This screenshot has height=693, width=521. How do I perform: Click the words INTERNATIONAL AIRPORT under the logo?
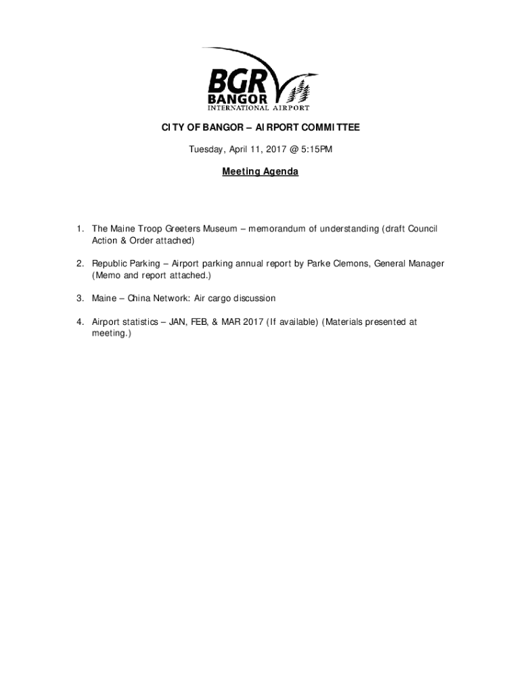pos(258,107)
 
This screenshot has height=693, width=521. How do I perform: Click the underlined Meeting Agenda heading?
pos(260,172)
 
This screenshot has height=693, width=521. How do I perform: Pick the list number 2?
pos(79,263)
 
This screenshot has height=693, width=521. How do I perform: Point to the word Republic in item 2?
pos(109,263)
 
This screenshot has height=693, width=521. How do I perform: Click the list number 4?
pos(79,322)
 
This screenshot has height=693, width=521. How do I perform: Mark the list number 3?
pos(79,298)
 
